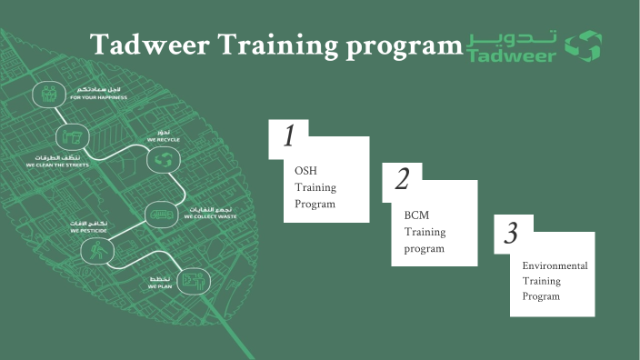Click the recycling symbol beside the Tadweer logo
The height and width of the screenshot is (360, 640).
tap(583, 46)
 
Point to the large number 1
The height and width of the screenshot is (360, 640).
tap(289, 136)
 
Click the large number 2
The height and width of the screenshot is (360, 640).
tap(402, 180)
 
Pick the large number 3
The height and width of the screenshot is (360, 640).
tap(512, 235)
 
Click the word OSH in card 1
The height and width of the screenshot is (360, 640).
tap(305, 171)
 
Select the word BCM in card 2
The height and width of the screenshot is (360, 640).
tap(416, 215)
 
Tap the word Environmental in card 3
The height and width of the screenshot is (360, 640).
tap(555, 265)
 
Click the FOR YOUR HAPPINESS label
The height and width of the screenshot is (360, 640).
tap(98, 97)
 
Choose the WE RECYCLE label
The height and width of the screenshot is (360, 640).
tap(164, 141)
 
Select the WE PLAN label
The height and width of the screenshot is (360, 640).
tap(160, 286)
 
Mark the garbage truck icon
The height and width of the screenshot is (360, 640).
tap(160, 214)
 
